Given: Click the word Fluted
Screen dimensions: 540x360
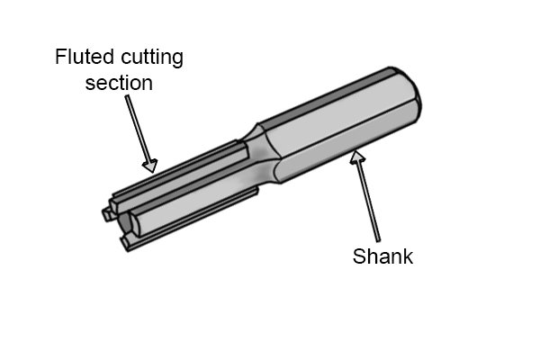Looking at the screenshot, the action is tap(84, 57).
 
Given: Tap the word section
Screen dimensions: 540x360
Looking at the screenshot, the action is tap(119, 83).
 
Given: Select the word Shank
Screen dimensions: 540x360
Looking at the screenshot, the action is tap(382, 256).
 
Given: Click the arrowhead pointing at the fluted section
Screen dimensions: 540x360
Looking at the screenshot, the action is tap(150, 166).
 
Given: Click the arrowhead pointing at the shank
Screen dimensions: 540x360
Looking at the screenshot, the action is tap(357, 157).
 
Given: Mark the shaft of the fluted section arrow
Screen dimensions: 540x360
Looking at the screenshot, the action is tap(137, 130).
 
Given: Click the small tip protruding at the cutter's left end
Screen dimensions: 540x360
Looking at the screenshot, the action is tap(107, 213).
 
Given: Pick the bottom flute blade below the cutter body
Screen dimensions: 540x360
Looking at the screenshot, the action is tap(189, 220).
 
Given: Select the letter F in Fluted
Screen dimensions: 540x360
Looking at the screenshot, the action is tap(60, 57).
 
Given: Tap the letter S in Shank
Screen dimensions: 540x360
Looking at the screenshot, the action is tap(359, 256).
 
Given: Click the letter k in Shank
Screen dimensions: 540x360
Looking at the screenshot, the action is tap(409, 256).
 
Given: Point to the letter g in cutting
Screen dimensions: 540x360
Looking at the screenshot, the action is tap(178, 60).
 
